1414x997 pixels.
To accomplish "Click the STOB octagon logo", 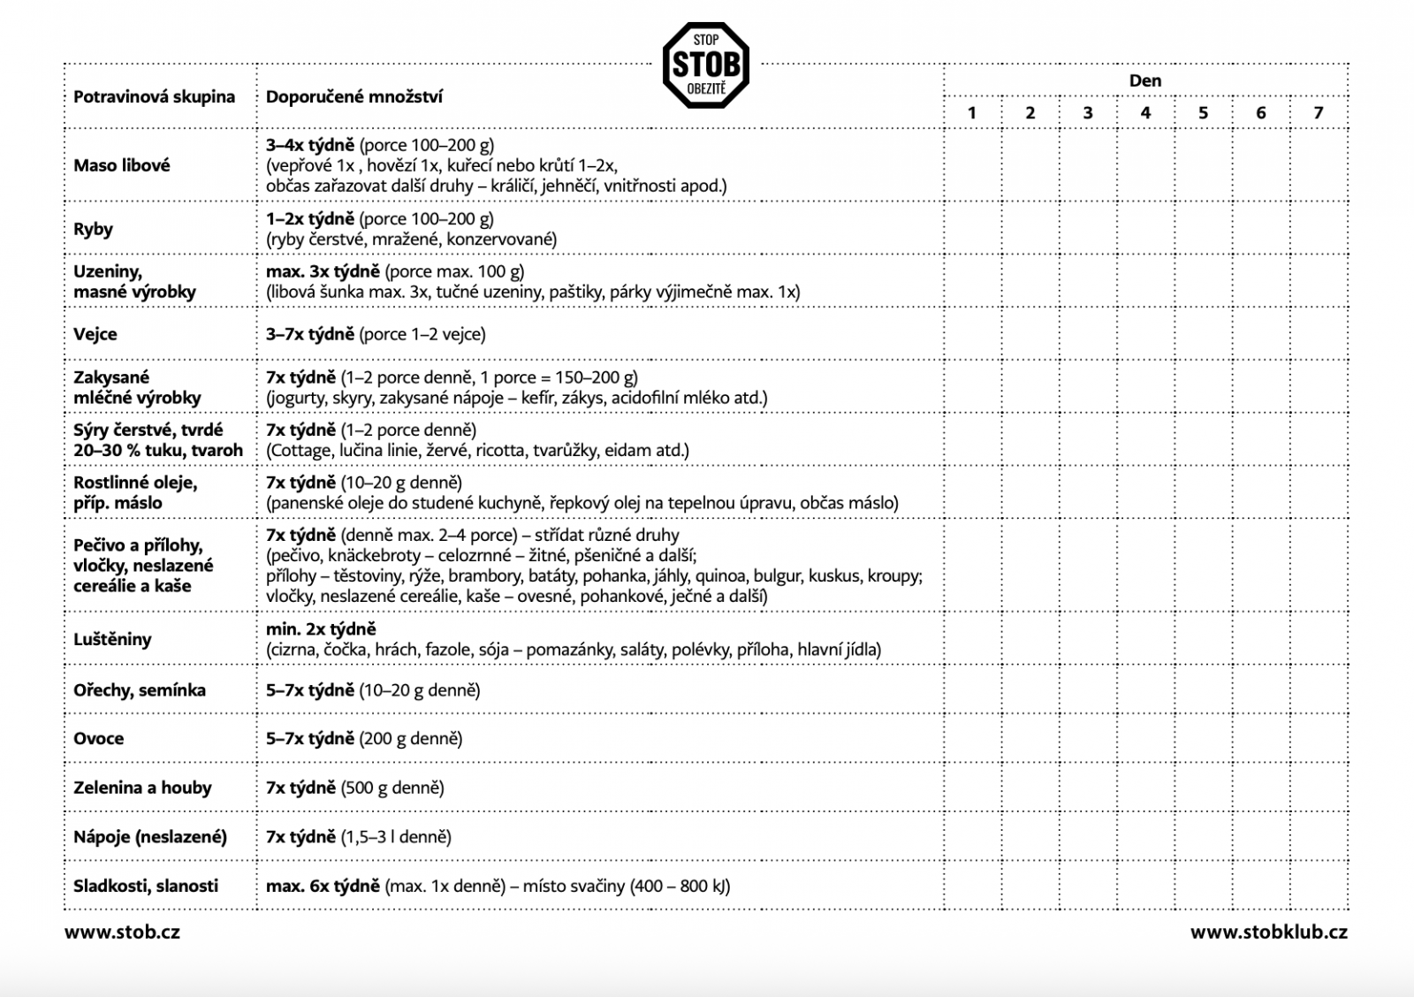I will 705,65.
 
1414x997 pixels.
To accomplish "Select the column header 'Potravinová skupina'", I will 154,96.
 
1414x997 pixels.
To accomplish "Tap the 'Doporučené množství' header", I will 353,96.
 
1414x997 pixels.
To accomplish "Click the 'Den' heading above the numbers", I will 1145,80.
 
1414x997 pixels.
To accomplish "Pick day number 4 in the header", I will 1145,112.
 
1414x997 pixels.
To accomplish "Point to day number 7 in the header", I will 1319,112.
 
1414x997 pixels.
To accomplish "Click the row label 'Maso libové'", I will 122,165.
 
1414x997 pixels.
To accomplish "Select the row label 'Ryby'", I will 93,229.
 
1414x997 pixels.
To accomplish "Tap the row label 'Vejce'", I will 95,334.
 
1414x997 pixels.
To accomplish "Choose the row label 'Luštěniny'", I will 112,639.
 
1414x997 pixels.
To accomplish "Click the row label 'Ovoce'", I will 98,739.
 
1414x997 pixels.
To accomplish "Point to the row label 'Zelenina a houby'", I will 142,788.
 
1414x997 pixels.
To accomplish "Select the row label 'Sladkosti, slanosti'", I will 146,886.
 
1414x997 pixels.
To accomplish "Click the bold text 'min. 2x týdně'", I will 321,629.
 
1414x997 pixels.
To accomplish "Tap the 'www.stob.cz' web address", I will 122,932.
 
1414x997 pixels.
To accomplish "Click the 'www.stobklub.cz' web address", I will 1268,932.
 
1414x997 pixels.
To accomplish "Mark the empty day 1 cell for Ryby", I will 972,229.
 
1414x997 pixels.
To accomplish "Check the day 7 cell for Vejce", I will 1319,334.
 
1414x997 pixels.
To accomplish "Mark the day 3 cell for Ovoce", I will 1088,739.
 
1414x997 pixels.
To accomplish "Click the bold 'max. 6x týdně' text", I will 323,886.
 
